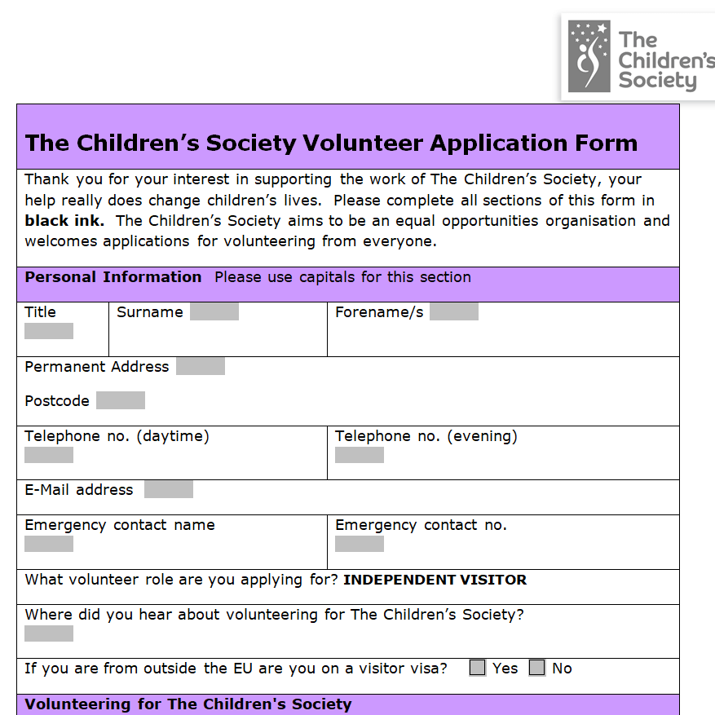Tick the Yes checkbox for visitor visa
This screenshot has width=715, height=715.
coord(478,668)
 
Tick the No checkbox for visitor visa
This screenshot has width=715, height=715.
coord(536,668)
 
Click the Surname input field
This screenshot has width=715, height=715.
coord(214,311)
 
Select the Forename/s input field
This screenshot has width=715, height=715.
coord(453,311)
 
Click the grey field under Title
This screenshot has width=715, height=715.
coord(49,331)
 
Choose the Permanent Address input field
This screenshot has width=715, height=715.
coord(201,366)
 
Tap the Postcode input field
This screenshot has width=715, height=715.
coord(121,400)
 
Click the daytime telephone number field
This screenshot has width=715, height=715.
coord(49,455)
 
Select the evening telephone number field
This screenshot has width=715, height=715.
coord(360,455)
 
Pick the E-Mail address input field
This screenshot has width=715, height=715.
coord(169,489)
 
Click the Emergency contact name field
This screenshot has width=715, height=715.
coord(49,544)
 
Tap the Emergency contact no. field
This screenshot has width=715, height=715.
coord(360,544)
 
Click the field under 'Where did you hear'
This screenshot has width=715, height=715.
coord(49,633)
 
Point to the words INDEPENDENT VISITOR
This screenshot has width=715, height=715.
coord(435,580)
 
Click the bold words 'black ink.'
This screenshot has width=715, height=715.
coord(64,220)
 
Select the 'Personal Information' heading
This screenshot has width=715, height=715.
coord(113,277)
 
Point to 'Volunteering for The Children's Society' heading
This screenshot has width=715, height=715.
coord(188,704)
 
